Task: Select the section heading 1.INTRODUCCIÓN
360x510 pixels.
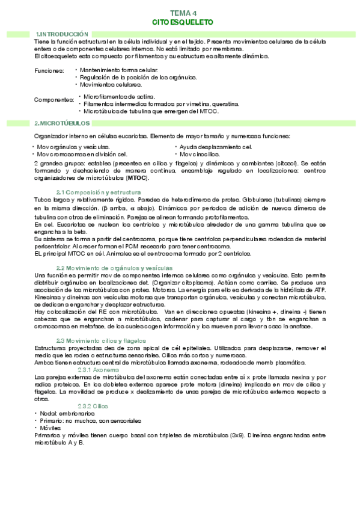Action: (x=62, y=34)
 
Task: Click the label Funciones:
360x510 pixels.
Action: (x=49, y=71)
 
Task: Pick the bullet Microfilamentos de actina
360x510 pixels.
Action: (x=119, y=96)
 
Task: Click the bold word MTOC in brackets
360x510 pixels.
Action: (x=137, y=178)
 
